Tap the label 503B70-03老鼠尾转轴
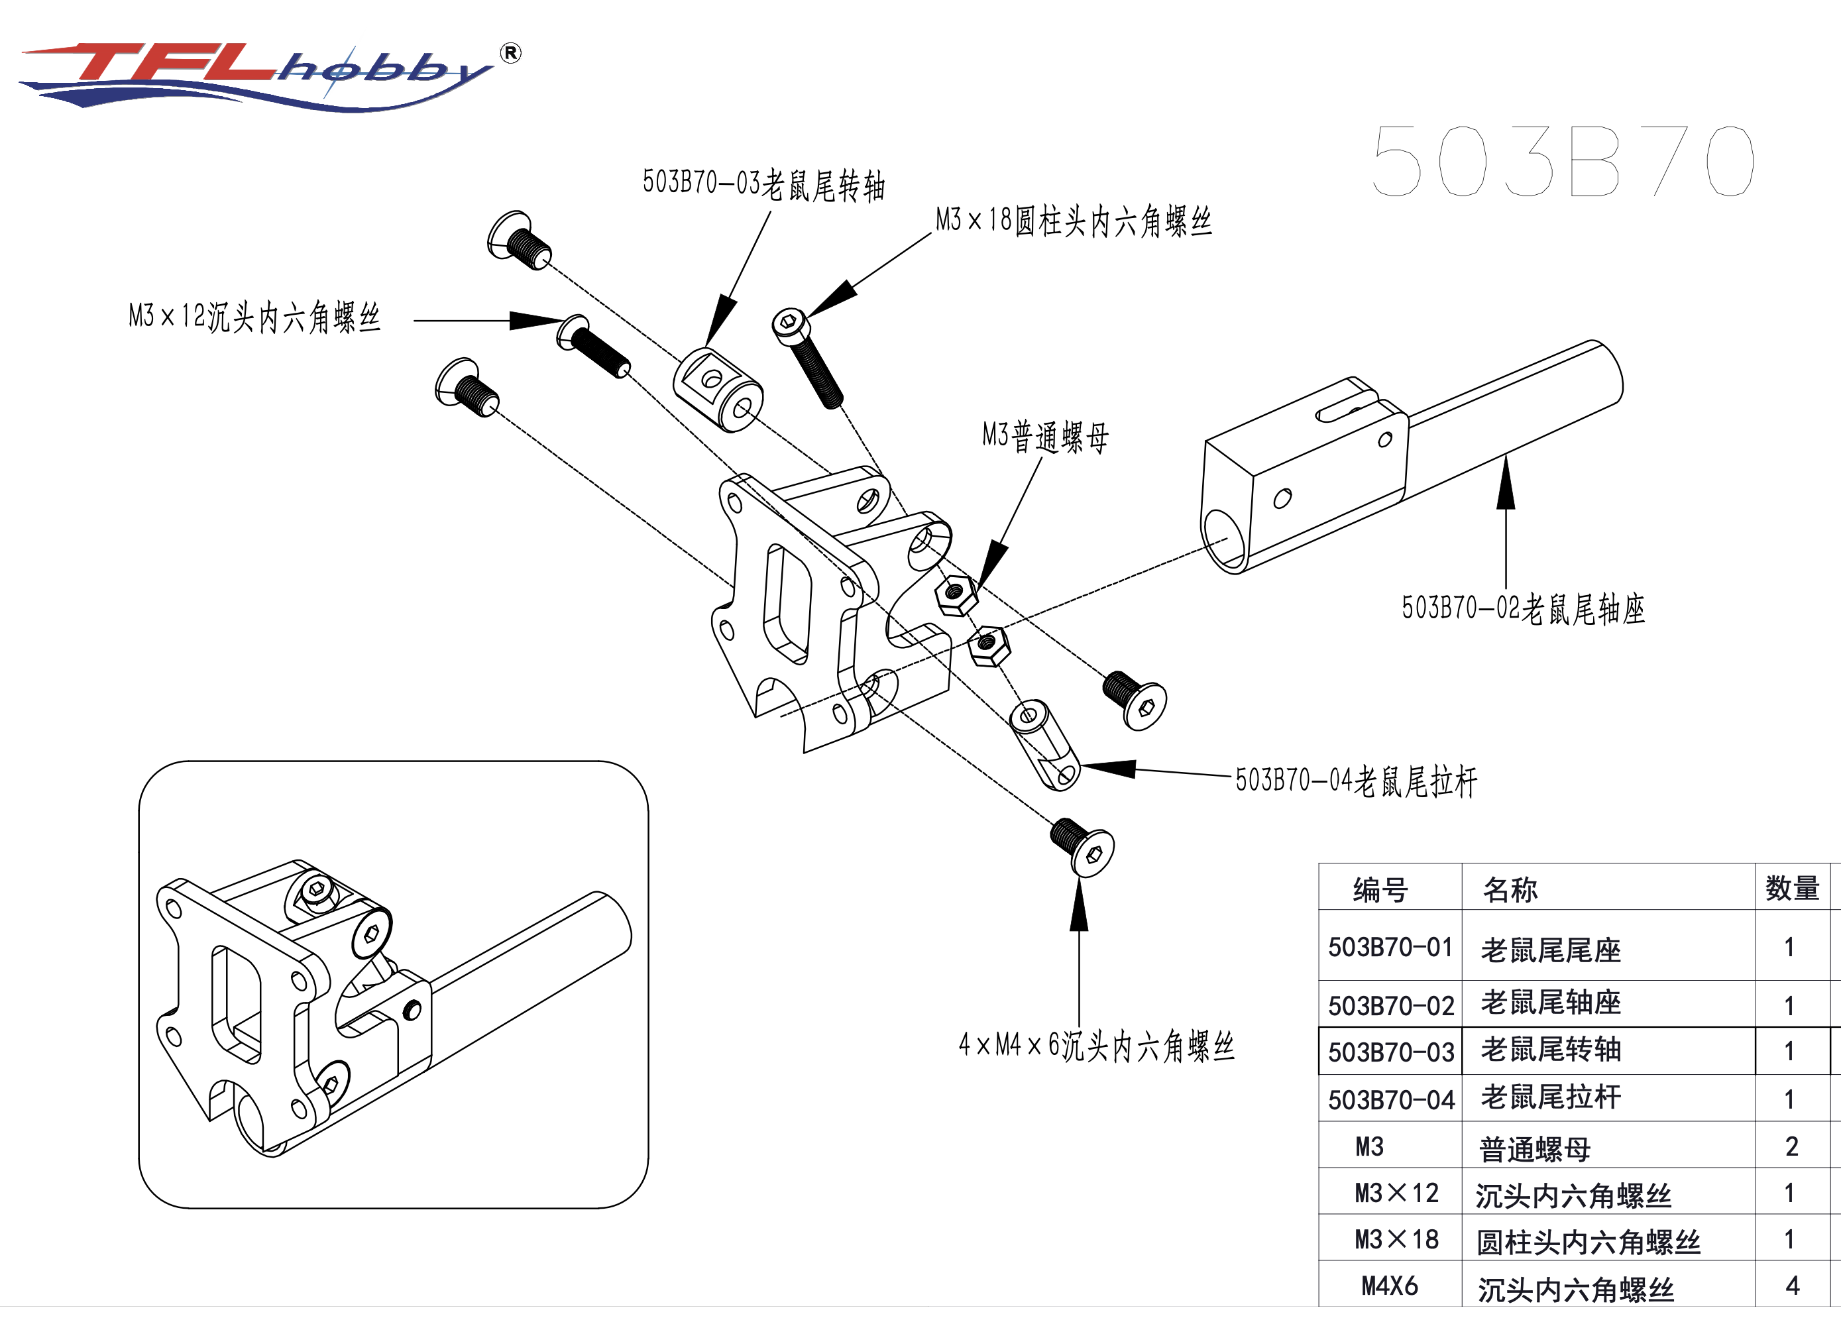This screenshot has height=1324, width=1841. click(x=763, y=184)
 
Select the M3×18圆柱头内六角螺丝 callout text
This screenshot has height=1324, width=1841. click(x=1073, y=221)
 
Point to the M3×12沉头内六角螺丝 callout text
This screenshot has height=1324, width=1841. click(x=254, y=317)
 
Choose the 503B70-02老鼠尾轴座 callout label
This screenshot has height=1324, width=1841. click(x=1523, y=609)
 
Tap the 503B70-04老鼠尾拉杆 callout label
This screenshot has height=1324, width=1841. click(x=1356, y=781)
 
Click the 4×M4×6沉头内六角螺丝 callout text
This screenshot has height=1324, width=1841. click(x=1096, y=1046)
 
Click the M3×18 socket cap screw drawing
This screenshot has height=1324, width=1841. click(x=808, y=357)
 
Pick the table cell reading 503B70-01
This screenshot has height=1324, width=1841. click(x=1390, y=948)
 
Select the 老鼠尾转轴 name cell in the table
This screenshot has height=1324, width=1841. click(x=1550, y=1050)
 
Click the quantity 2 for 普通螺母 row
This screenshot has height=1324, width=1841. click(x=1791, y=1146)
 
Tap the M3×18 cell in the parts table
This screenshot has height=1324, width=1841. click(x=1396, y=1240)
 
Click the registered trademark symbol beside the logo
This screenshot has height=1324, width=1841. click(x=510, y=54)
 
